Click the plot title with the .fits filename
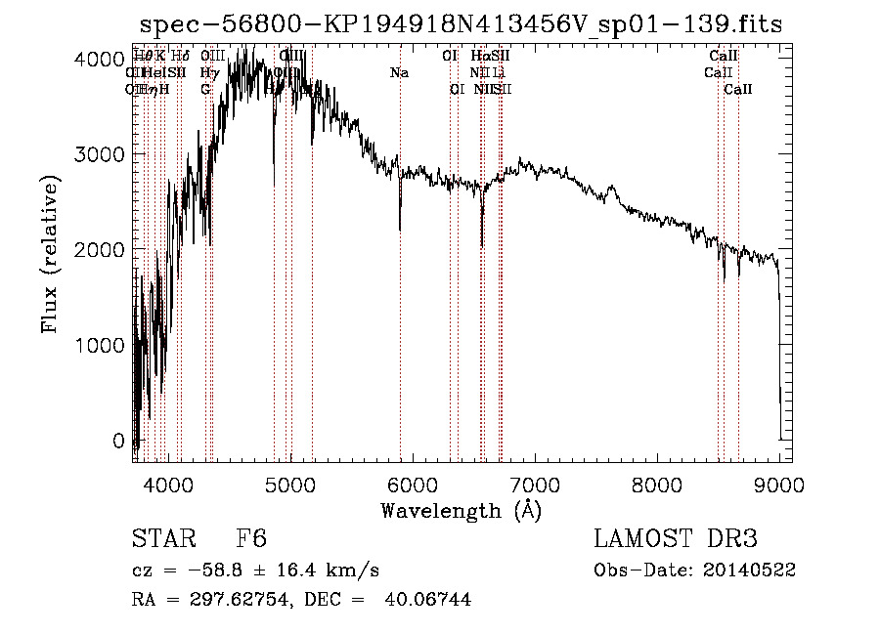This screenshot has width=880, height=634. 461,23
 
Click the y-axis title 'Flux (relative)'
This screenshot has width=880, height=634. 49,253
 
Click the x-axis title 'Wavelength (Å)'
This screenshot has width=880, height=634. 461,510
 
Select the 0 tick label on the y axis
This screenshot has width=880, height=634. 119,442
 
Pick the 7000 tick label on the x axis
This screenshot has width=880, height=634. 535,484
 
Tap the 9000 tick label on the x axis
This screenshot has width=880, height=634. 779,484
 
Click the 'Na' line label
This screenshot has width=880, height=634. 399,73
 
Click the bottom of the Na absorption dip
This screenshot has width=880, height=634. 400,230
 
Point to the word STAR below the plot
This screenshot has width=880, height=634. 160,540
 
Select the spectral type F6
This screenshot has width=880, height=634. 251,540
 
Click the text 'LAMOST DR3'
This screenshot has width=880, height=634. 676,539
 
